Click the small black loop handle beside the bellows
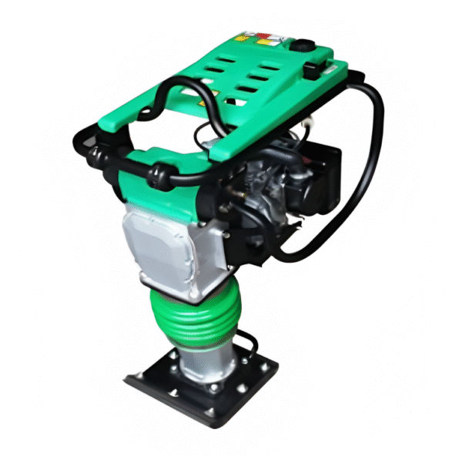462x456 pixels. pyautogui.click(x=245, y=340)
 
